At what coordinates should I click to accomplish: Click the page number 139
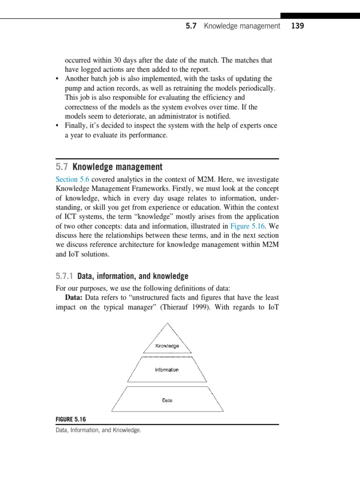tap(297, 26)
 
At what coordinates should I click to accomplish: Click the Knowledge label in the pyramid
tap(167, 346)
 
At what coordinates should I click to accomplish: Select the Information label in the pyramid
tap(167, 370)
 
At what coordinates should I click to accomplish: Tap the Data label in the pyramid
tap(167, 400)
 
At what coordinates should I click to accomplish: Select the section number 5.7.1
tap(64, 276)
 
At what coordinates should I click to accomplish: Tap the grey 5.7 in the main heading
tap(62, 167)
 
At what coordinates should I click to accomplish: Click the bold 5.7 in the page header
tap(191, 26)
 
